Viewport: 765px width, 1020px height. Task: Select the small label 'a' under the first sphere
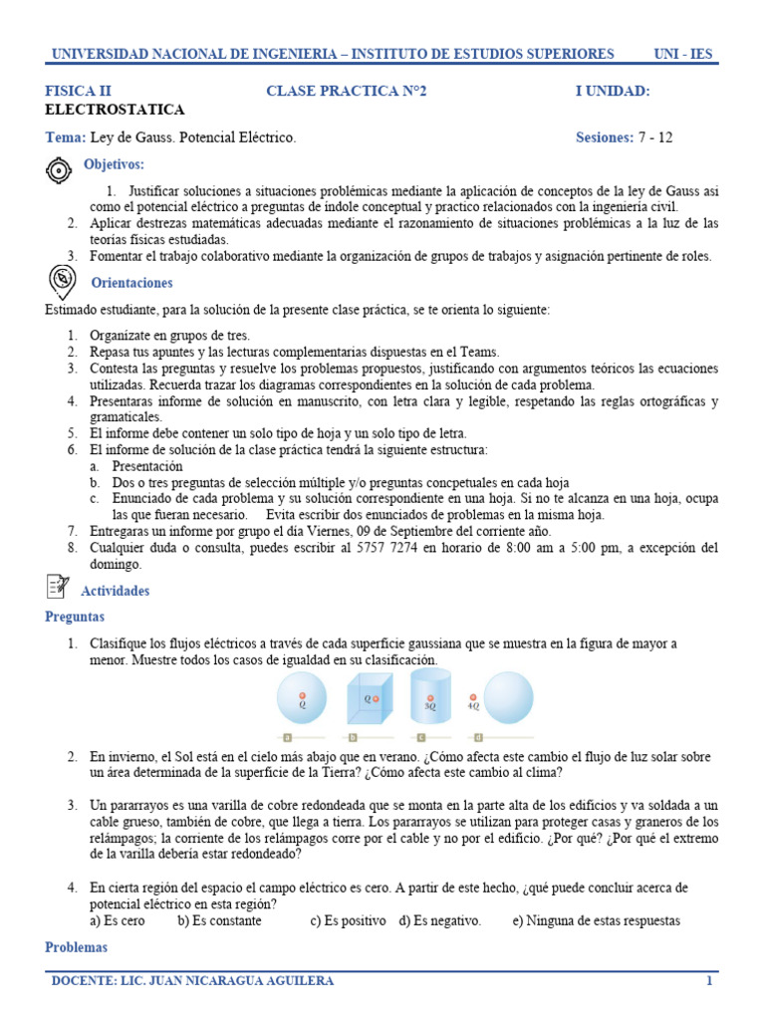click(287, 738)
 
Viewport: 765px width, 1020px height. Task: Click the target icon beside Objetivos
click(60, 170)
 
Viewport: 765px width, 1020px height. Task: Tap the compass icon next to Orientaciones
click(60, 283)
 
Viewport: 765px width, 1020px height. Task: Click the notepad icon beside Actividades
click(59, 589)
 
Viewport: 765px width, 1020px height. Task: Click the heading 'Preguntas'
click(75, 618)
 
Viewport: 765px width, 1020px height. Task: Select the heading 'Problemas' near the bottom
click(77, 947)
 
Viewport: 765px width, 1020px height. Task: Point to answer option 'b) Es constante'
click(219, 920)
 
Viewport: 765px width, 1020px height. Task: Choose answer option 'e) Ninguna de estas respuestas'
click(596, 920)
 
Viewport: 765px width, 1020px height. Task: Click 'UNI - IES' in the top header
click(682, 53)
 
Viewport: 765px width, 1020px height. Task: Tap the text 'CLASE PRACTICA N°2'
click(346, 92)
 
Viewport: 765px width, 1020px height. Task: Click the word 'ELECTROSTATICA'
click(115, 110)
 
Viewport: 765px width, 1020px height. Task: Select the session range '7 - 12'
click(655, 137)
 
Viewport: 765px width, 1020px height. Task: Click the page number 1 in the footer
click(709, 981)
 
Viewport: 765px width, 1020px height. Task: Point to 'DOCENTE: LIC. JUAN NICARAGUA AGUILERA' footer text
click(193, 981)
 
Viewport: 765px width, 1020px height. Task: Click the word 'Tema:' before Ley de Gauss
click(66, 137)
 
